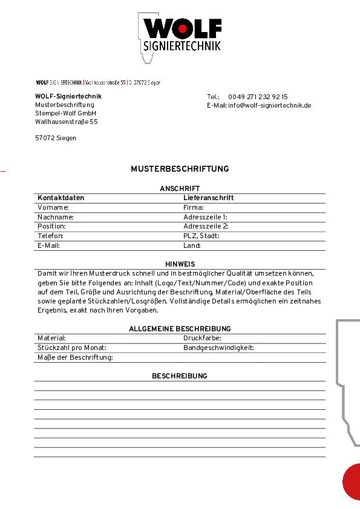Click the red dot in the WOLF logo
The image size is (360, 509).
[x=183, y=28]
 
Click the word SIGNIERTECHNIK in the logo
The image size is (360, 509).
[x=183, y=46]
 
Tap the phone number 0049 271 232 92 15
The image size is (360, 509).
[x=258, y=97]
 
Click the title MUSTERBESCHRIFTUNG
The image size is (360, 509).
[x=180, y=169]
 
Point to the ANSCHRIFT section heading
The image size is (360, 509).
[x=180, y=189]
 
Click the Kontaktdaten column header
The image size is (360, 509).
[x=61, y=198]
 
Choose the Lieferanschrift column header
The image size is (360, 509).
[x=208, y=198]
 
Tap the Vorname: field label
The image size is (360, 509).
[x=53, y=207]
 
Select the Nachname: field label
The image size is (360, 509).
[x=56, y=217]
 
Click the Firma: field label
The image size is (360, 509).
[x=194, y=207]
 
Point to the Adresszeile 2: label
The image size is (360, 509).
[x=206, y=226]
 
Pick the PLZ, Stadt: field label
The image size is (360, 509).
[x=201, y=236]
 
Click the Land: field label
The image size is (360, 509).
[x=192, y=245]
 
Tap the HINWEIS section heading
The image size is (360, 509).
[x=180, y=264]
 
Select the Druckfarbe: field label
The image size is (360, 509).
[x=202, y=339]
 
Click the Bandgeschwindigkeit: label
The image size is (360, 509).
[x=218, y=348]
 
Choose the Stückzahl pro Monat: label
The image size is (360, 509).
[x=71, y=348]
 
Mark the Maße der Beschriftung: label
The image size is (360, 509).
[x=75, y=357]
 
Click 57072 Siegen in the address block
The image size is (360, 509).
[x=56, y=138]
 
